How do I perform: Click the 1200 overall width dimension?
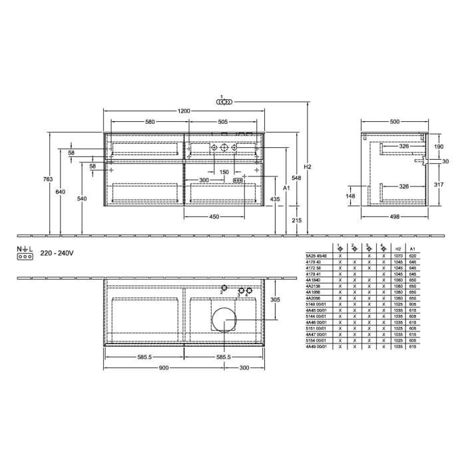pos(184,111)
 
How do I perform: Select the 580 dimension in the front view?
pos(150,122)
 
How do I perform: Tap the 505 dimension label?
pos(222,122)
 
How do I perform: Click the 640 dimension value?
pos(61,192)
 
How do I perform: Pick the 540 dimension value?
pos(82,198)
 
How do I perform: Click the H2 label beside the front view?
pos(308,166)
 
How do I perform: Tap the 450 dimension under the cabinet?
pos(215,216)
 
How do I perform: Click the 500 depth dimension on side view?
pos(395,122)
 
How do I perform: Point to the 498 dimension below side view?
pos(395,216)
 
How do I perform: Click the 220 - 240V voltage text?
pos(56,253)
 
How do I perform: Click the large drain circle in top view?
pos(223,319)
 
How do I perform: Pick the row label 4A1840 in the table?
pos(314,280)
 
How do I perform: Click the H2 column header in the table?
pos(397,249)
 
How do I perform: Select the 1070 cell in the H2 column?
pos(397,256)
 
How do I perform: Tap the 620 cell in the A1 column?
pos(413,256)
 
